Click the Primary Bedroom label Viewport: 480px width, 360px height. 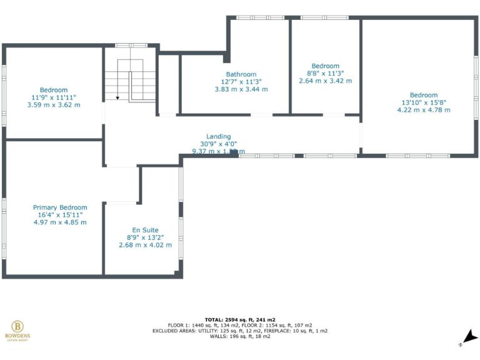60,207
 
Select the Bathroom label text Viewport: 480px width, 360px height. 241,74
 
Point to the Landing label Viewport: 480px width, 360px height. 219,136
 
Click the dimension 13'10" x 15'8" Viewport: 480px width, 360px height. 424,102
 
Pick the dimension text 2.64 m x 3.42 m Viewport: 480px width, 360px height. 325,81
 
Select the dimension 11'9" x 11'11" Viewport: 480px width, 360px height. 54,97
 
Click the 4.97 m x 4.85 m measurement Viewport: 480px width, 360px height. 60,222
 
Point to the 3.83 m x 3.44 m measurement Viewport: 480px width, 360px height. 241,89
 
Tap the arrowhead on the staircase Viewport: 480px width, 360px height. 117,97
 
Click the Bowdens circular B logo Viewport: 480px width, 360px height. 17,326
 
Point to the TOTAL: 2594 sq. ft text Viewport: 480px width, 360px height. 240,319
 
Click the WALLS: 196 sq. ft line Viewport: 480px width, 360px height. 240,336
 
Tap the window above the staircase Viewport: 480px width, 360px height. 131,46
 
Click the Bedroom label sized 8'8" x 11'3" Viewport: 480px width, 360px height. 325,66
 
